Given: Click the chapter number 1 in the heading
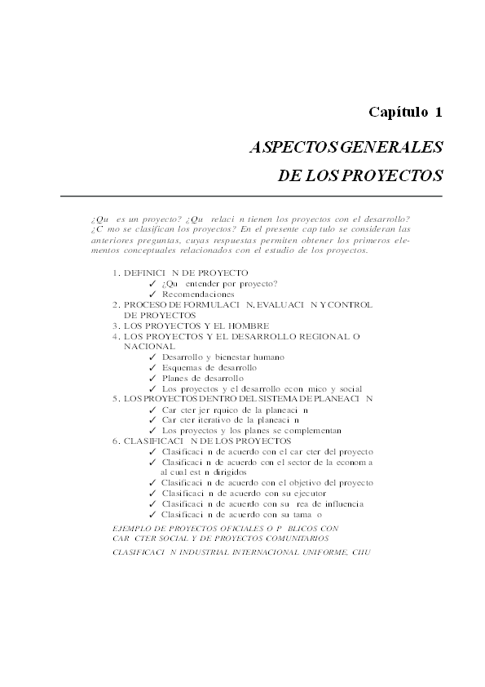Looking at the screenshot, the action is click(438, 111).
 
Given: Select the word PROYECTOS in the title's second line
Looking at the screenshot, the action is click(397, 175).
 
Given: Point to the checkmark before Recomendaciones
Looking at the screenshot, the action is click(153, 294).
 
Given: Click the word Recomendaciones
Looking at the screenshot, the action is click(198, 294).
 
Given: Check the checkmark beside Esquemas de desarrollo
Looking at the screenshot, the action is click(153, 368).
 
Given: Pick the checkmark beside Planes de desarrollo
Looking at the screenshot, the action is click(153, 379).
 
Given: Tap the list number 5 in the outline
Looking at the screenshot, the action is click(116, 399).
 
